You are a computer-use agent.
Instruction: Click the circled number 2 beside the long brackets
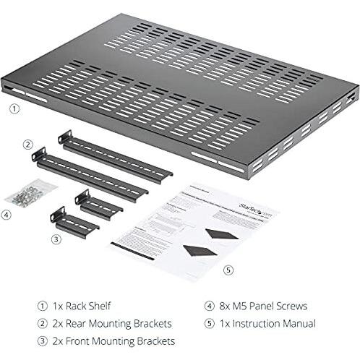[27, 143]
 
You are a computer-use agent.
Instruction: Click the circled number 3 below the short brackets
[56, 239]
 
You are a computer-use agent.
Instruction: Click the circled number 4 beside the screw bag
[7, 214]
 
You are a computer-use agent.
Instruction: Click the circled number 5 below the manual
[228, 270]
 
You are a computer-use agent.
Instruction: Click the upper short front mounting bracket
[98, 205]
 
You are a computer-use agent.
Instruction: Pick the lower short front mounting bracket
[74, 223]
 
